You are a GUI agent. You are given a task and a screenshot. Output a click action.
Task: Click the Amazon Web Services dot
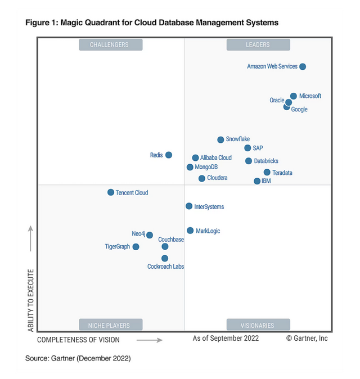(303, 66)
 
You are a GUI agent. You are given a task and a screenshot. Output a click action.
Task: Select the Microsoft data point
(294, 96)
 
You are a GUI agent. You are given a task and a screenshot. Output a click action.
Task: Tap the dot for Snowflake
(221, 139)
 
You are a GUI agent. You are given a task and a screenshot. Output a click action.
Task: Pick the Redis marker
(169, 155)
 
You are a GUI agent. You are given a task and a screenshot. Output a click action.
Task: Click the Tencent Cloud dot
(111, 192)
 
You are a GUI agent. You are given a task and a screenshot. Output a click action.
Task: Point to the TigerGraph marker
(136, 247)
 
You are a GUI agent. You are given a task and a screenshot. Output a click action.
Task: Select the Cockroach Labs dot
(165, 259)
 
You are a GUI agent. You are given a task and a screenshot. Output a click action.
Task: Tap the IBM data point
(257, 181)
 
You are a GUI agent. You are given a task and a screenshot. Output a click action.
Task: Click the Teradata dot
(267, 173)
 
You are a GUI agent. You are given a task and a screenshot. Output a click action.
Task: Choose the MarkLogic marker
(190, 231)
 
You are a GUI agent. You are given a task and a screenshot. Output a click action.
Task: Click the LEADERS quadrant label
(258, 45)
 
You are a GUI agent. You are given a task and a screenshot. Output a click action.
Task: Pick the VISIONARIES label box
(258, 325)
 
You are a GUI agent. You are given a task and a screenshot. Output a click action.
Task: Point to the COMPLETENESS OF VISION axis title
(78, 340)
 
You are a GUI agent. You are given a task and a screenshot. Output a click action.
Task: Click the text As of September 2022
(226, 339)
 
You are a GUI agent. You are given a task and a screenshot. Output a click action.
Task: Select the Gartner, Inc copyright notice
(307, 339)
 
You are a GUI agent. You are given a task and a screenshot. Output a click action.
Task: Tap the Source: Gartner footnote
(78, 358)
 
